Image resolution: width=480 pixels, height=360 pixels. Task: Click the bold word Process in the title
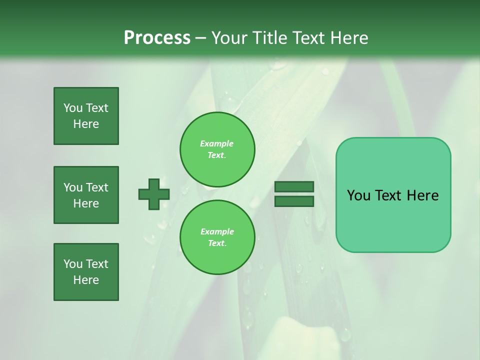click(x=157, y=38)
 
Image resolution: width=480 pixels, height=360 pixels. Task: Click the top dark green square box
click(x=86, y=116)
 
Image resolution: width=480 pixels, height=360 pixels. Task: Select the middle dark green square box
click(x=86, y=195)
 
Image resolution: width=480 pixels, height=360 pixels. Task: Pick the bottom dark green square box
click(x=86, y=272)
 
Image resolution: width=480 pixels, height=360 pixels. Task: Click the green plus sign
click(x=154, y=194)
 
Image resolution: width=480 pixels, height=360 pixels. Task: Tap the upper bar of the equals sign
click(x=294, y=186)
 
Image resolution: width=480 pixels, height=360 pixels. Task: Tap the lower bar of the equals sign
click(x=294, y=201)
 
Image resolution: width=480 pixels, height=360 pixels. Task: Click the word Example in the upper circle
click(x=217, y=143)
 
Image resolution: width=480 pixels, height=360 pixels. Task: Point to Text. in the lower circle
click(x=217, y=243)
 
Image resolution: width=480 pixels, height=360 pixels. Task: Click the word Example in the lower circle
click(x=217, y=231)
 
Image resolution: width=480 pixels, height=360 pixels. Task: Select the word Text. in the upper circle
click(x=217, y=155)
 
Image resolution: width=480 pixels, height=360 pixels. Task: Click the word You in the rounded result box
click(x=358, y=195)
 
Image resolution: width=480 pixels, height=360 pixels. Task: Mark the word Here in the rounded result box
click(x=422, y=195)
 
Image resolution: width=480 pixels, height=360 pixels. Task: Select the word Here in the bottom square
click(x=86, y=280)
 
